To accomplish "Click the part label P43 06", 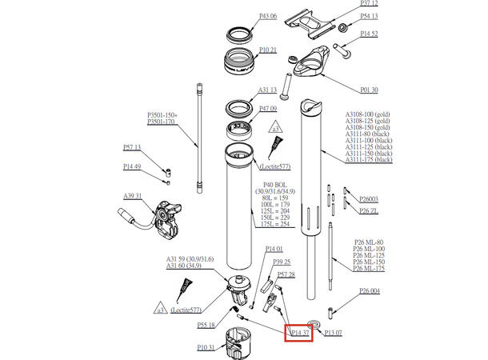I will coord(268,16).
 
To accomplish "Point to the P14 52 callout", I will coord(369,34).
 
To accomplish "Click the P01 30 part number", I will coord(369,90).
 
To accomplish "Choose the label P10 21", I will coord(268,50).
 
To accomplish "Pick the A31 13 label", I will coord(267,90).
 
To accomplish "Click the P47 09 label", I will coord(267,109).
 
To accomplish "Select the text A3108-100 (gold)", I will coord(367,114).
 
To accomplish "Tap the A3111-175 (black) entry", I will coord(369,160).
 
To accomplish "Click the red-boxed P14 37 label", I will coord(299,331).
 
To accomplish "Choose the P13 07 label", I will coord(333,331).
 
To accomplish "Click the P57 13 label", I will coord(132,147).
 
